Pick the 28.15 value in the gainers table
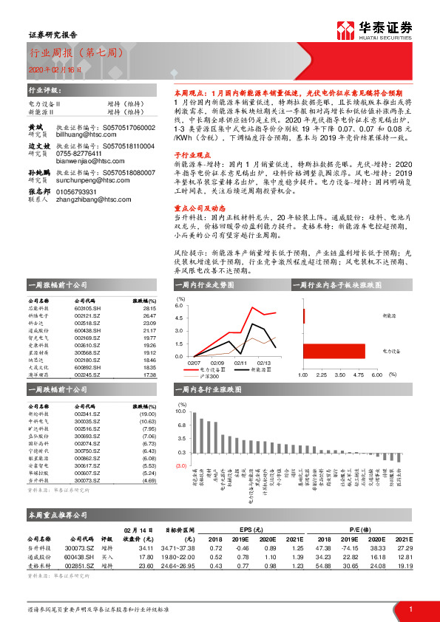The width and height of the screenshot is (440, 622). click(149, 310)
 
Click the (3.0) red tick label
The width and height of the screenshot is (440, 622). click(180, 466)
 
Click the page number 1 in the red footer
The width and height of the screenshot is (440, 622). click(410, 608)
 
